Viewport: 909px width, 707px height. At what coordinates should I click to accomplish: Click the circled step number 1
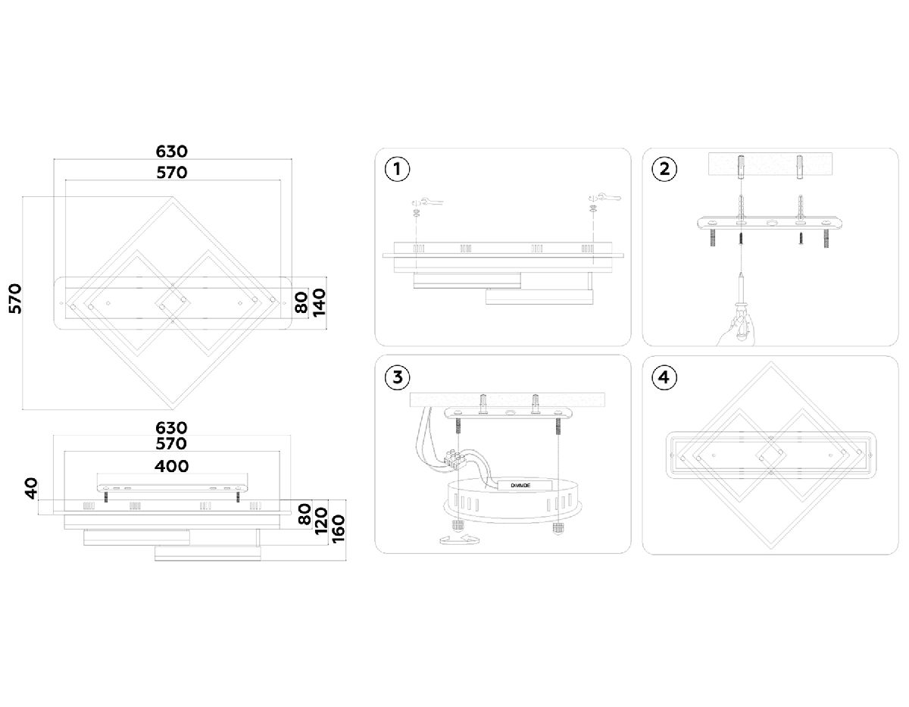point(397,169)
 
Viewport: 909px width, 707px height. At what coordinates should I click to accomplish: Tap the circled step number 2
point(664,169)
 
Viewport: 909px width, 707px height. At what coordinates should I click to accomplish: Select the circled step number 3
point(397,377)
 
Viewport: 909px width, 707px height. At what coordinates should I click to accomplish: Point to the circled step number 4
point(664,377)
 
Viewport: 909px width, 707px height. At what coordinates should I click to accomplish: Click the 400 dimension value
point(172,466)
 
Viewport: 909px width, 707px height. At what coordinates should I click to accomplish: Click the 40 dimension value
point(30,489)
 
